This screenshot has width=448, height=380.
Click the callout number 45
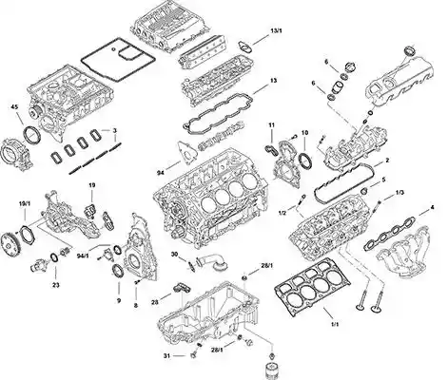tap(14, 106)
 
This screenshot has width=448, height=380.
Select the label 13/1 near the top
tap(276, 30)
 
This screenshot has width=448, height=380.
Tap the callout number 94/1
tap(83, 256)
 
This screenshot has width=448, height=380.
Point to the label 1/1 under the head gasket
tap(335, 324)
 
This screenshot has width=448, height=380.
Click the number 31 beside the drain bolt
tap(167, 356)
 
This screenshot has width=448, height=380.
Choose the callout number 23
tap(56, 285)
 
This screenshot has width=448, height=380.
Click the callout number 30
tap(174, 255)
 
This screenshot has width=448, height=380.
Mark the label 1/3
tap(399, 193)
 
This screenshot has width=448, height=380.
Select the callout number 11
tap(271, 125)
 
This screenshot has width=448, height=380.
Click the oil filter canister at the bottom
tap(272, 369)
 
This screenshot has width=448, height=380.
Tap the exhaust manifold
tap(401, 254)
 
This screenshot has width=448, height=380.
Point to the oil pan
tap(208, 313)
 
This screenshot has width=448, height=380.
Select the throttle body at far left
tap(17, 154)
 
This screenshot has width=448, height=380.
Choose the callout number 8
tap(136, 306)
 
